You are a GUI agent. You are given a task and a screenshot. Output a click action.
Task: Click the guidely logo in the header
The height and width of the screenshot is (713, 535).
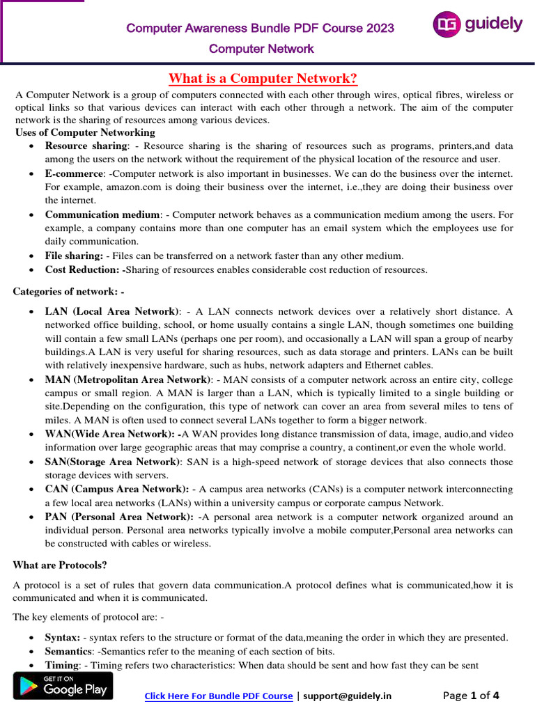(477, 25)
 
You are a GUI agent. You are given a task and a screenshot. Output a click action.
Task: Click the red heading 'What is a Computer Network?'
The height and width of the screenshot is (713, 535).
(264, 78)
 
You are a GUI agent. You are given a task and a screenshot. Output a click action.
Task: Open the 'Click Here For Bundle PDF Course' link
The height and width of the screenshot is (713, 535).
(218, 696)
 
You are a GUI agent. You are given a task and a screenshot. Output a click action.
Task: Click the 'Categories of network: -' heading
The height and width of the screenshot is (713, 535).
(68, 291)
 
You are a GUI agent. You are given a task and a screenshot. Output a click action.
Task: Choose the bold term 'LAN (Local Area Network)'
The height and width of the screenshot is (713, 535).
(112, 311)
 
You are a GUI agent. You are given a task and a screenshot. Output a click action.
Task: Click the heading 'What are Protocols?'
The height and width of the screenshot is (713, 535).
(60, 565)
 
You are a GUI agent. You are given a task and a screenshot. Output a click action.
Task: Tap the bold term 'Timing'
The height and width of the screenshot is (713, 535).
(61, 665)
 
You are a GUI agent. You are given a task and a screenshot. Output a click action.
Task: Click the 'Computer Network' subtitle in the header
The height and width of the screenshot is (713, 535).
(261, 49)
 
